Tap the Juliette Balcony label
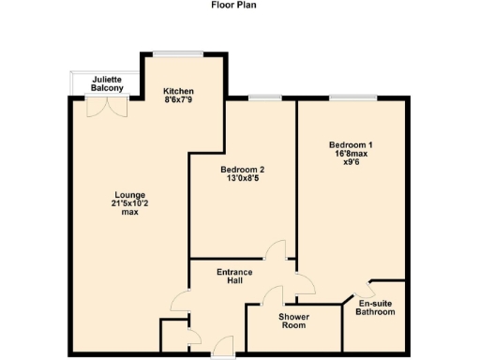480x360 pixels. [106, 83]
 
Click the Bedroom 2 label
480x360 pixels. [242, 170]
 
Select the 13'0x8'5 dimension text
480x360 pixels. [242, 179]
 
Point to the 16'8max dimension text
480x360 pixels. [351, 153]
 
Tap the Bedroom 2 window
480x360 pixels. [265, 97]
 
